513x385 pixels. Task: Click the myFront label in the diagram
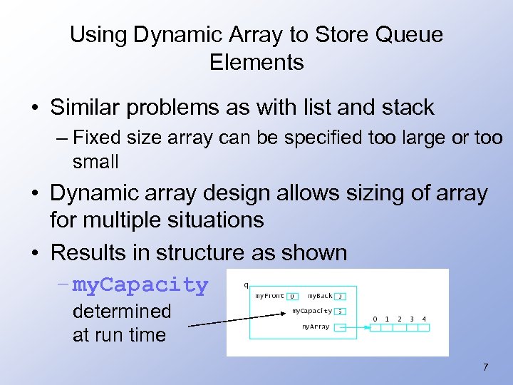269,296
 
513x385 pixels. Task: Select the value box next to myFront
292,296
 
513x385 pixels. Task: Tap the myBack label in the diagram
320,296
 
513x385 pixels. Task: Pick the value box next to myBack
341,296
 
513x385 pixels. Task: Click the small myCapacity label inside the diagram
312,311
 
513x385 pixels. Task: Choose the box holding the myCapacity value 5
341,312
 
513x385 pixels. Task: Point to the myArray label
316,327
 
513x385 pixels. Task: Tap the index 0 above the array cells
375,319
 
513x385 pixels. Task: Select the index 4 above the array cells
424,319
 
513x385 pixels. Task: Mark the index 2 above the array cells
399,319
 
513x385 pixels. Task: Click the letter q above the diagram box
246,284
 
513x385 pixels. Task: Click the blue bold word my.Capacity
140,285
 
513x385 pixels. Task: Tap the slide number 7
485,368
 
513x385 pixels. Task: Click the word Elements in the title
256,62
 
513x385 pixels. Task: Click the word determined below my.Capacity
122,312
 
